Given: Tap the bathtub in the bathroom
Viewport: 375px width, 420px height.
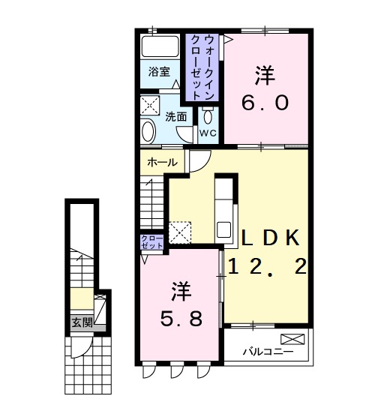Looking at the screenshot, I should click(160, 47).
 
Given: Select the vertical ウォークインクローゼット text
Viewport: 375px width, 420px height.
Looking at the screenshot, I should click(201, 67).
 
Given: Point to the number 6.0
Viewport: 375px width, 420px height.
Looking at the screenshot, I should click(264, 102).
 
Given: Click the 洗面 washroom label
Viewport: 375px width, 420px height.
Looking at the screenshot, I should click(176, 116).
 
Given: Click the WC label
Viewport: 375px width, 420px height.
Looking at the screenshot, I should click(208, 133).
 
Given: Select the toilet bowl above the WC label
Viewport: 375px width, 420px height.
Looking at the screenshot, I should click(208, 115).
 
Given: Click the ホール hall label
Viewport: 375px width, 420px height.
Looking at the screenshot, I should click(161, 163).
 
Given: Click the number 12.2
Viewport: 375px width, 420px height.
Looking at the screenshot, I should click(268, 266).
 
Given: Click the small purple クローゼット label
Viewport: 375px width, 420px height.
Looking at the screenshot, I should click(151, 241).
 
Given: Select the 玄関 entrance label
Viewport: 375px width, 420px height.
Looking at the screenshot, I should click(81, 322).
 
